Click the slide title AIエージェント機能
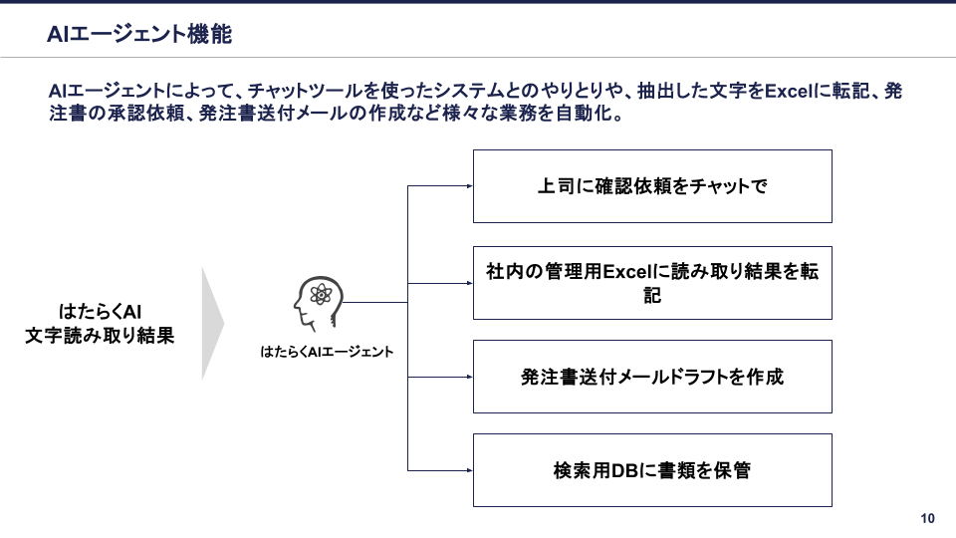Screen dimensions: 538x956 [x=139, y=35]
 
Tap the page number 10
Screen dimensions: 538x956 [x=927, y=518]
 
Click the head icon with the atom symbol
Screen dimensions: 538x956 [x=318, y=303]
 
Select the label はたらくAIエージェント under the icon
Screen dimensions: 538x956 [x=327, y=351]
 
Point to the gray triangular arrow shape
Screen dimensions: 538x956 [x=212, y=323]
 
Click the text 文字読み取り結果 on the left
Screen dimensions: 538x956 [x=100, y=336]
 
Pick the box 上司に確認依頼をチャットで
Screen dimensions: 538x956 [x=652, y=186]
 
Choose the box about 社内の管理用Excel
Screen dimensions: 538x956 [x=652, y=283]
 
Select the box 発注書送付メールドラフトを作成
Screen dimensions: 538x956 [x=652, y=377]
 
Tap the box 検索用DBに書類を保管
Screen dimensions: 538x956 [x=652, y=470]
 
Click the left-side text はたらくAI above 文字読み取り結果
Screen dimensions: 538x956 [x=100, y=311]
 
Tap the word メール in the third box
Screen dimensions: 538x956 [x=634, y=377]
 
